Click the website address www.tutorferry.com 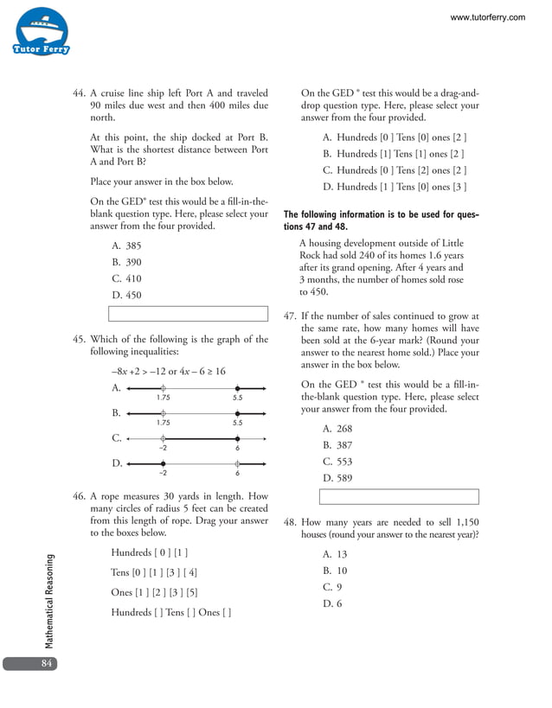click(x=487, y=17)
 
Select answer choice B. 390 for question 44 click(x=127, y=262)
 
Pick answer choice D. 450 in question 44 click(x=127, y=296)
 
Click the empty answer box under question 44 click(x=188, y=314)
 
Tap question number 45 click(x=79, y=339)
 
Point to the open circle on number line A click(x=164, y=389)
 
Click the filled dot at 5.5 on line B click(x=237, y=414)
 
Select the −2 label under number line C click(x=163, y=448)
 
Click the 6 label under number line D click(x=237, y=474)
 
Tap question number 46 click(x=79, y=497)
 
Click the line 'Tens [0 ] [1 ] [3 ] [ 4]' click(x=154, y=572)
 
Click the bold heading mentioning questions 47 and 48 click(x=381, y=220)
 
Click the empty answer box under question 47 click(x=399, y=496)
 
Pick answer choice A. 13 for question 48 click(x=335, y=554)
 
